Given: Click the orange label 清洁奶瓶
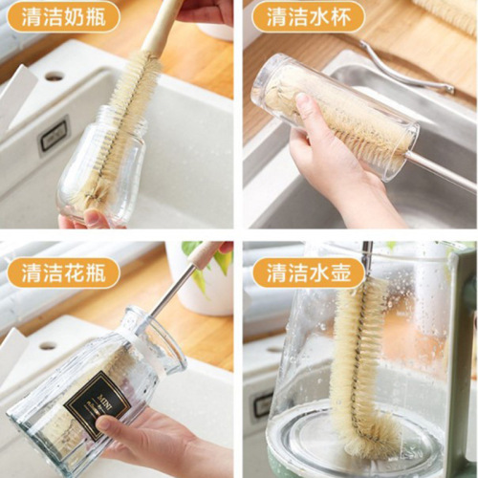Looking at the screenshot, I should click(x=63, y=16).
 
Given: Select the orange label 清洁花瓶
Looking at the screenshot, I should click(x=63, y=272).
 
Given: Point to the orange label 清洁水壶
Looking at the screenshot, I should click(x=303, y=272).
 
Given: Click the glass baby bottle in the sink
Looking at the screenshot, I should click(x=96, y=172).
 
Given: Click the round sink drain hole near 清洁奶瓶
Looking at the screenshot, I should click(x=54, y=76).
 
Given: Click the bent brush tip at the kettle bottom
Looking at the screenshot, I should click(x=378, y=440).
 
